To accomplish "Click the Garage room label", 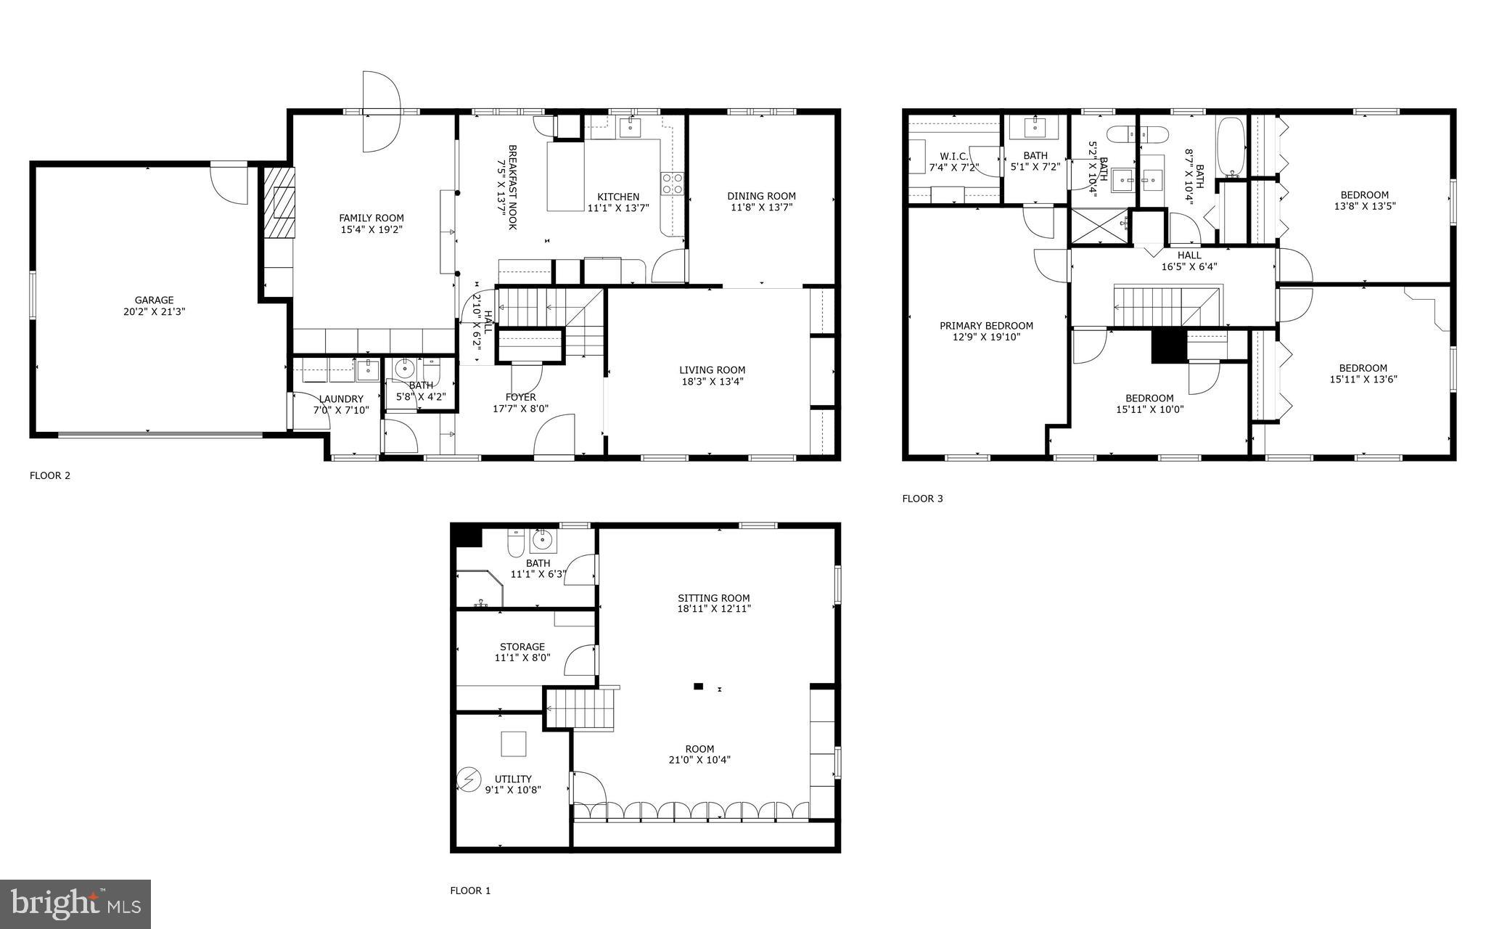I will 154,300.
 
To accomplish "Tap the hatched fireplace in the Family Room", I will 279,203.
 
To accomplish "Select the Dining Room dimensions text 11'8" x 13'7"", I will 761,208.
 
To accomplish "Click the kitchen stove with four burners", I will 672,184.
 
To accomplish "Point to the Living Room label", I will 712,370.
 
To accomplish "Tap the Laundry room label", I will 341,399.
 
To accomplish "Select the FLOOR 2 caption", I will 50,476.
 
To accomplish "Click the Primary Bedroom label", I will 986,326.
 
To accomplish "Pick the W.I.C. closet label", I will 953,156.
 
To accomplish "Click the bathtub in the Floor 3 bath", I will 1230,148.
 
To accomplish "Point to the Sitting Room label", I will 713,599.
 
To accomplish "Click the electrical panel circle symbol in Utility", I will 469,779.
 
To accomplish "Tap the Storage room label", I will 522,647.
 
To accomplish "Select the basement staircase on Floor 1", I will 580,708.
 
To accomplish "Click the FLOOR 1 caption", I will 470,891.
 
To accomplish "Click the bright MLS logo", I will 75,904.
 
